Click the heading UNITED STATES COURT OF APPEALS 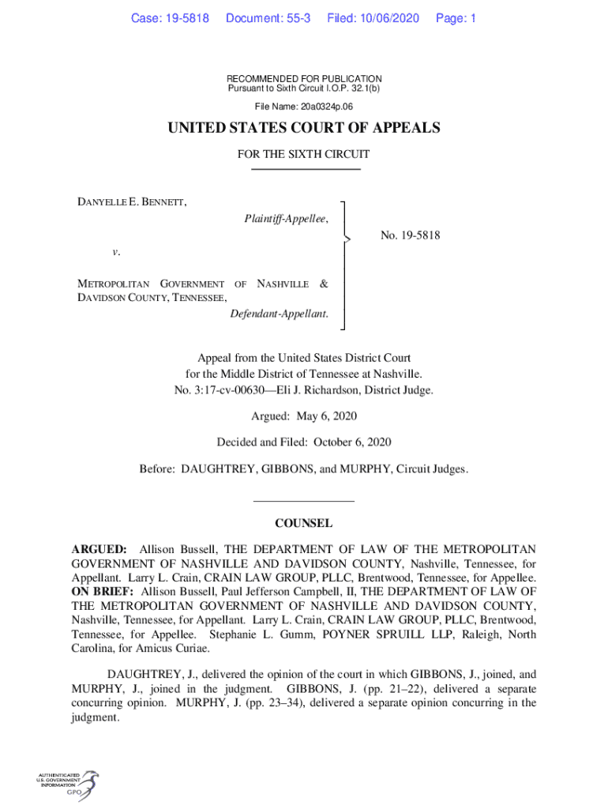[x=304, y=128]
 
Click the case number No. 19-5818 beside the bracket [x=410, y=235]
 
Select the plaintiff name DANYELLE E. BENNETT [x=131, y=202]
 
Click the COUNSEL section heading [x=303, y=523]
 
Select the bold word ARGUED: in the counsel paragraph [x=99, y=549]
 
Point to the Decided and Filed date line [x=304, y=442]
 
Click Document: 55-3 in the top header [x=268, y=18]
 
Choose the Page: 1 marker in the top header [x=456, y=18]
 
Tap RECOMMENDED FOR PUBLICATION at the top [x=304, y=79]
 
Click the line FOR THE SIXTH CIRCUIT [x=304, y=155]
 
